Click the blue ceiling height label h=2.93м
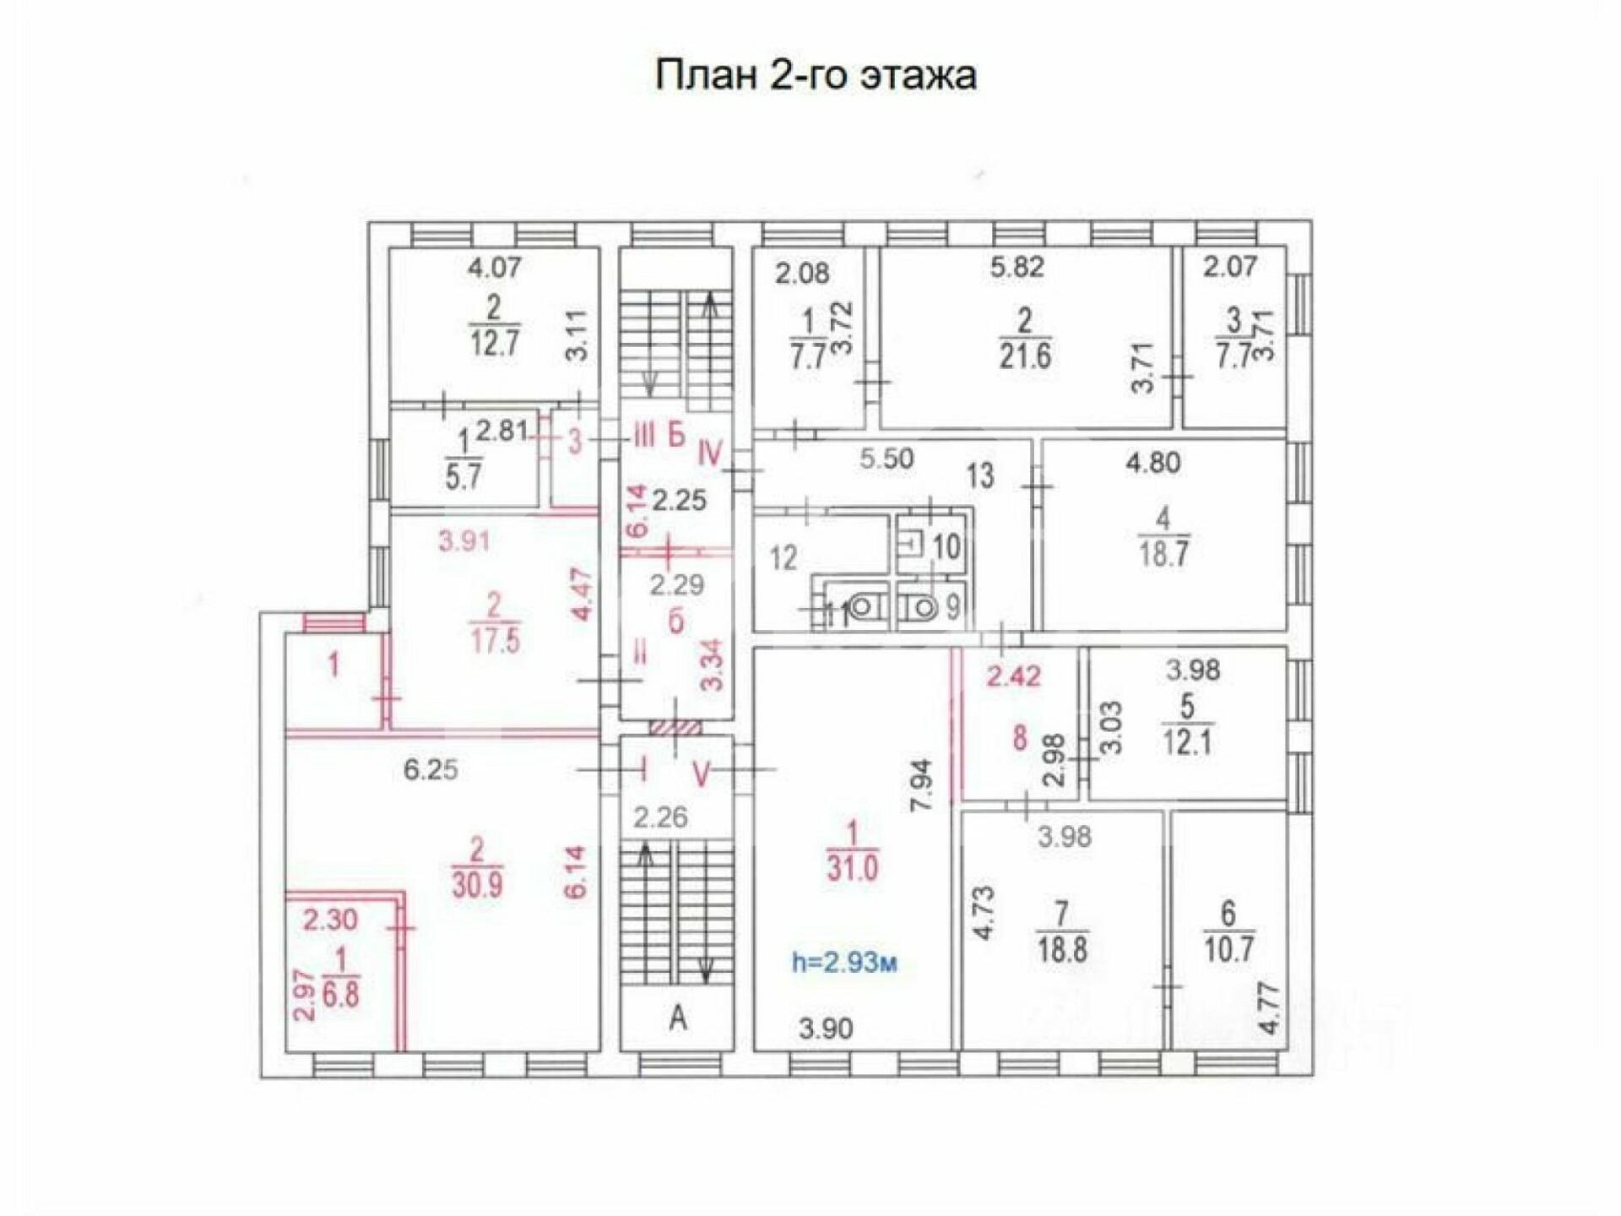point(844,962)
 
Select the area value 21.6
point(1025,357)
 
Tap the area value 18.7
point(1163,555)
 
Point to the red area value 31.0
point(852,868)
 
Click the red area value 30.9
point(478,883)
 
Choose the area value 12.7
point(494,344)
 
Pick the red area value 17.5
point(495,641)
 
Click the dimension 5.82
point(1017,267)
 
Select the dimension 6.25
point(431,769)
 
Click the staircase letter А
point(678,1019)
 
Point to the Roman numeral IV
point(710,454)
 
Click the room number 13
point(980,476)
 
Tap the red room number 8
point(1020,738)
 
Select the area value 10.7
point(1228,950)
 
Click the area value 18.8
point(1062,950)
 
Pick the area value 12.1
point(1187,742)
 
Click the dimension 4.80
point(1153,463)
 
